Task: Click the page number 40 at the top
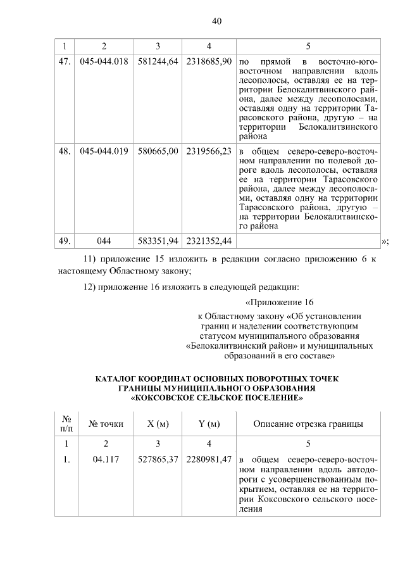(216, 21)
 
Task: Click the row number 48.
(63, 152)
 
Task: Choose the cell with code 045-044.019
(104, 152)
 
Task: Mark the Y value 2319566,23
(209, 152)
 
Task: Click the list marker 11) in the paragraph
(92, 260)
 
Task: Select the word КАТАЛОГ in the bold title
(118, 379)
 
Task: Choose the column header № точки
(106, 424)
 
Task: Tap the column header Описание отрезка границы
(308, 424)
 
